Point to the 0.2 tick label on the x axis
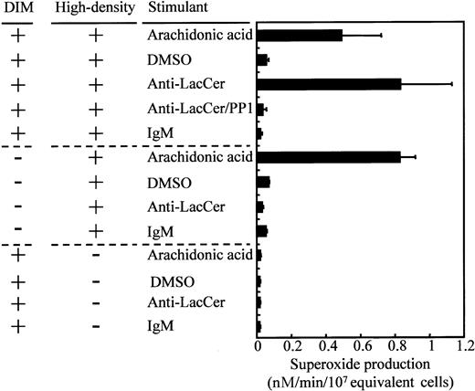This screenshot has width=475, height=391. (292, 348)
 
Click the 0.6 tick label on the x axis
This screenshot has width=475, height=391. (361, 348)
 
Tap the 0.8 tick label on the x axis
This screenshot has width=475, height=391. (396, 348)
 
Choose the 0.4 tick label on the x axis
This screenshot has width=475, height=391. (327, 348)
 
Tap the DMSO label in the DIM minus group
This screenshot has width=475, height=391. (165, 182)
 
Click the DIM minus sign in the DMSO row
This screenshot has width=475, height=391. (21, 182)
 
